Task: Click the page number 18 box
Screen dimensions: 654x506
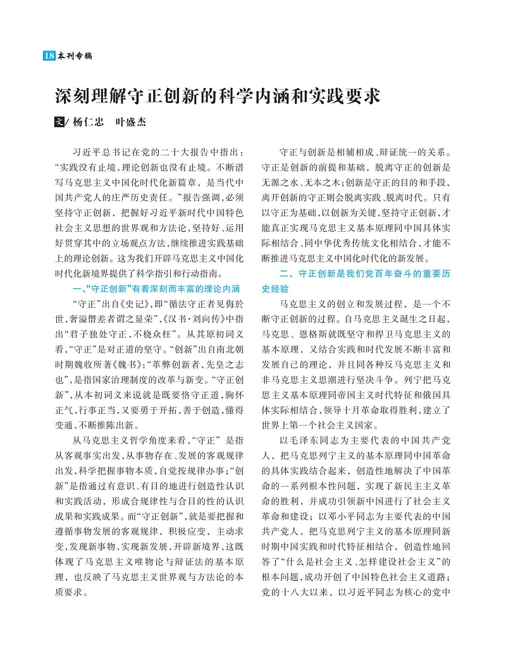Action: point(49,56)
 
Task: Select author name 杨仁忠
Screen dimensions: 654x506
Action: point(87,123)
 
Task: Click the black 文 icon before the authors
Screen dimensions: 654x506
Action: point(58,123)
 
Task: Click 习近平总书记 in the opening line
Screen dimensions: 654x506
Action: point(104,153)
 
